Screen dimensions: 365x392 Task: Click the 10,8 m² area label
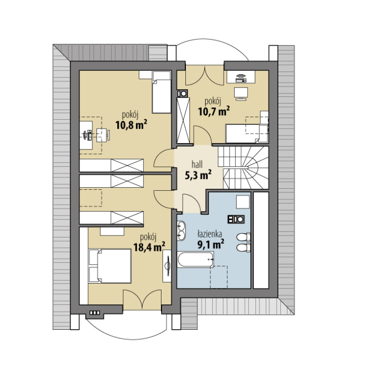click(x=131, y=124)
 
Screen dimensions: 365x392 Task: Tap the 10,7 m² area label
click(x=214, y=111)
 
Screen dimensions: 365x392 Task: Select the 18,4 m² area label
click(x=149, y=247)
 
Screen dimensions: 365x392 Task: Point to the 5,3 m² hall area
click(x=198, y=175)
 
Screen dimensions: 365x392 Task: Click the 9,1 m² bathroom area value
click(x=211, y=244)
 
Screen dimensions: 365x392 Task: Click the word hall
click(x=197, y=164)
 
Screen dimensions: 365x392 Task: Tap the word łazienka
click(x=210, y=234)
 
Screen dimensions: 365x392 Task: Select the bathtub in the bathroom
click(x=196, y=259)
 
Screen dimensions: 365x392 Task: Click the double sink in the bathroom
click(x=181, y=231)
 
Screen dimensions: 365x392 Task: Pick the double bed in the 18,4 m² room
click(x=110, y=266)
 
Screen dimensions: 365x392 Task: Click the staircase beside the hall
click(x=243, y=167)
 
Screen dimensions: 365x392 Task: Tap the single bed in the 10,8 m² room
click(x=161, y=92)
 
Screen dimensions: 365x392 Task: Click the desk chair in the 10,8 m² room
click(x=103, y=135)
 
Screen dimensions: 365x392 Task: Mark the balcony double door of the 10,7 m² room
click(x=205, y=76)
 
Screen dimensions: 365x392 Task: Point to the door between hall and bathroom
click(x=192, y=203)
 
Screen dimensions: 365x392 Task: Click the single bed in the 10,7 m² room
click(x=247, y=133)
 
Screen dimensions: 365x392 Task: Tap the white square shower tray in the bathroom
click(x=243, y=202)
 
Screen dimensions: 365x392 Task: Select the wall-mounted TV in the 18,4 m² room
click(x=167, y=266)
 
